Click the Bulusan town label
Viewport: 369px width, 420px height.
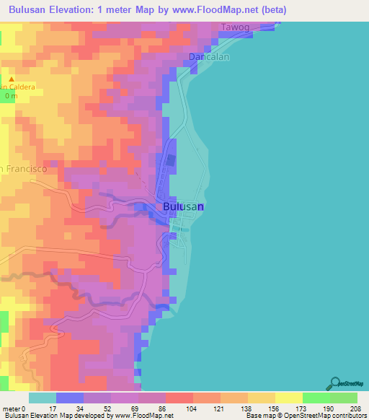(184, 206)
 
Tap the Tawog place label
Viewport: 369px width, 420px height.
(236, 27)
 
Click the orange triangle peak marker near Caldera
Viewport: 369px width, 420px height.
(11, 79)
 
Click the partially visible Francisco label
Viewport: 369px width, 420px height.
(23, 168)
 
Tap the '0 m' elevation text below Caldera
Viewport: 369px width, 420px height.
(11, 95)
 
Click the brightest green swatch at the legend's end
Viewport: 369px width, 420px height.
(344, 398)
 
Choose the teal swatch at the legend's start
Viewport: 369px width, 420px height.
(42, 398)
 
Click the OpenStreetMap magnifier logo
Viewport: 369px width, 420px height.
(336, 382)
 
